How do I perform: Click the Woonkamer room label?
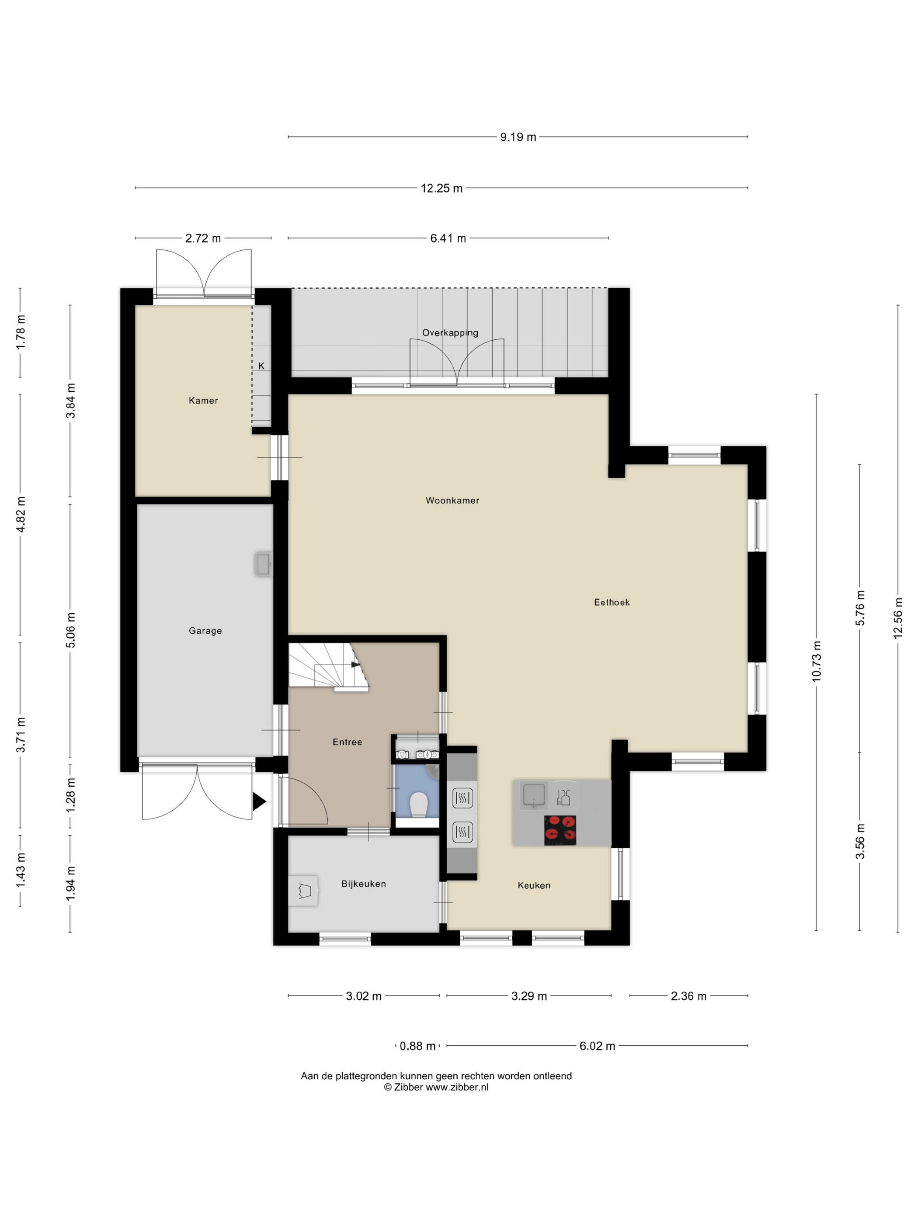pos(452,501)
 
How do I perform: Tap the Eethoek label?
pos(612,602)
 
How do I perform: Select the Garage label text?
pos(205,630)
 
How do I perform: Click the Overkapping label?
pos(450,332)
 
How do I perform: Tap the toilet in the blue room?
pos(418,804)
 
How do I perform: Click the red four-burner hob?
pos(560,830)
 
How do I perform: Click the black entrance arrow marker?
pos(259,801)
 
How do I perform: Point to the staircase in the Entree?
pos(329,667)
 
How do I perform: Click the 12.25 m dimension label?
pos(442,188)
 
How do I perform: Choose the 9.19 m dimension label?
pos(518,137)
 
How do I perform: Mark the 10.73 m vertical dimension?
pos(816,661)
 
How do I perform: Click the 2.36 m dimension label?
pos(688,996)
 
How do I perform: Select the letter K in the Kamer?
pos(261,366)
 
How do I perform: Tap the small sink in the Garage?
pos(264,564)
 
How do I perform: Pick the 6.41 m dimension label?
pos(448,238)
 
